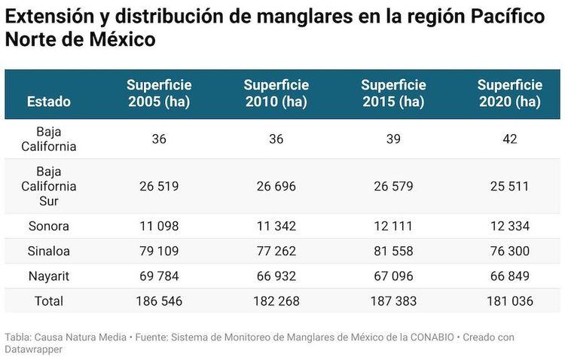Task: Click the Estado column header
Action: [x=49, y=102]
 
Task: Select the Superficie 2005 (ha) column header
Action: [x=159, y=93]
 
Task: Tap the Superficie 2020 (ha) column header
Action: [x=510, y=93]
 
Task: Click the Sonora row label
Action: [x=48, y=226]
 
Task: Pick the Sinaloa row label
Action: [x=48, y=251]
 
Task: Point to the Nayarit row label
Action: [x=48, y=276]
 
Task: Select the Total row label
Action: [x=48, y=301]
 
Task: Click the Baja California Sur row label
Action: [x=48, y=186]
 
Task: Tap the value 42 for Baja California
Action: [x=510, y=139]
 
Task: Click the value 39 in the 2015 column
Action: [x=393, y=139]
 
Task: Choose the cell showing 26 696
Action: [x=276, y=186]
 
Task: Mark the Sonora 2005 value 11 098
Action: [x=159, y=226]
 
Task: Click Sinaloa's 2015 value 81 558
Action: [x=393, y=251]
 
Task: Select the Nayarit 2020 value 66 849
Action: [x=510, y=276]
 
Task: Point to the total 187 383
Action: [x=393, y=301]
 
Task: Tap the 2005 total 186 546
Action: [x=159, y=301]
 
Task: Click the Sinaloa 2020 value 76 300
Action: [x=510, y=251]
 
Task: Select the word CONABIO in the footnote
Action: [x=426, y=337]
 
